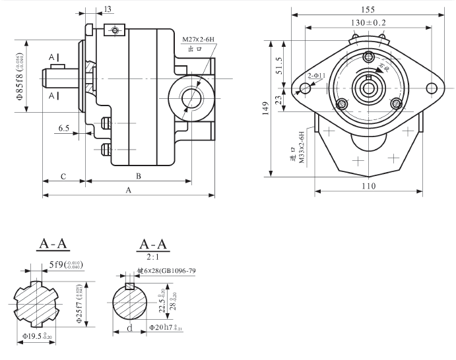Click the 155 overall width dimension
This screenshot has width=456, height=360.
click(368, 9)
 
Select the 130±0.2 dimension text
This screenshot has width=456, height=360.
click(368, 22)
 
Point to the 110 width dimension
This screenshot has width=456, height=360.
click(368, 186)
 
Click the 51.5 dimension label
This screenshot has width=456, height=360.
click(279, 67)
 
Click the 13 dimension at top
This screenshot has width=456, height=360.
click(108, 9)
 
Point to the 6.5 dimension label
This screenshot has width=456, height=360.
click(64, 127)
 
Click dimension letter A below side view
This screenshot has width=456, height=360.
click(128, 190)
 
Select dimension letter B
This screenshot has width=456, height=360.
click(138, 176)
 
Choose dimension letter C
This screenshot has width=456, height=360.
click(63, 176)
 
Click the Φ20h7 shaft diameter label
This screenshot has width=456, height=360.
click(165, 327)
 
